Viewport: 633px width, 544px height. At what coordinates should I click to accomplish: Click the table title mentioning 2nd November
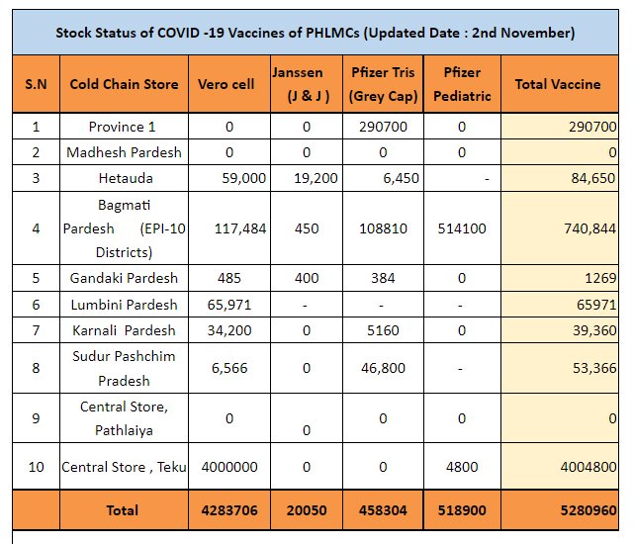tap(316, 33)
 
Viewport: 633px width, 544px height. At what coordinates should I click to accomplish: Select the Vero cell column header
tap(226, 84)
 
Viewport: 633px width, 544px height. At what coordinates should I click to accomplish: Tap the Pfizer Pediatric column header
tap(462, 84)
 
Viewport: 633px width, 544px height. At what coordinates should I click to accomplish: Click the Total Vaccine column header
tap(558, 84)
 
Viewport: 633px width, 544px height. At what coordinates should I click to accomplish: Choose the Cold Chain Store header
tap(124, 84)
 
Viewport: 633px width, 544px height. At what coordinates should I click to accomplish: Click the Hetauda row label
tap(126, 178)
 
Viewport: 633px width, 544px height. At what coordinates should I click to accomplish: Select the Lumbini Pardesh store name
tap(124, 305)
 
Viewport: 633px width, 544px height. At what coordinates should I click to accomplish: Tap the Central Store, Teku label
tap(124, 467)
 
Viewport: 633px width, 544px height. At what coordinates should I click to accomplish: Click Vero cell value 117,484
tap(240, 228)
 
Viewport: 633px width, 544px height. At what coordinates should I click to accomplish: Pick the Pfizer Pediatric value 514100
tap(462, 228)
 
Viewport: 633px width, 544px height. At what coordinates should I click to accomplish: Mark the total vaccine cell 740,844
tap(589, 228)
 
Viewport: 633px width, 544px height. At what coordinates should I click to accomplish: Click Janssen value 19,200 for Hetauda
tap(316, 178)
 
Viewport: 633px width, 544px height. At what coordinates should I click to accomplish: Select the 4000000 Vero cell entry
tap(229, 467)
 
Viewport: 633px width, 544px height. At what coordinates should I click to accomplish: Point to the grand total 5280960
tap(588, 510)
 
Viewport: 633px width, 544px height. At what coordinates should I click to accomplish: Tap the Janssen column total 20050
tap(307, 510)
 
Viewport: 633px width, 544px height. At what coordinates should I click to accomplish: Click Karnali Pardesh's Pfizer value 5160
tap(383, 330)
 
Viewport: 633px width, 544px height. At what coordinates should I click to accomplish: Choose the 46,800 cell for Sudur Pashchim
tap(383, 368)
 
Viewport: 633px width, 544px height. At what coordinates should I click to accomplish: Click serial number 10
tap(36, 467)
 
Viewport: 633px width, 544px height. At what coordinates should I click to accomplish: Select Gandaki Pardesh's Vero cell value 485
tap(229, 278)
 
